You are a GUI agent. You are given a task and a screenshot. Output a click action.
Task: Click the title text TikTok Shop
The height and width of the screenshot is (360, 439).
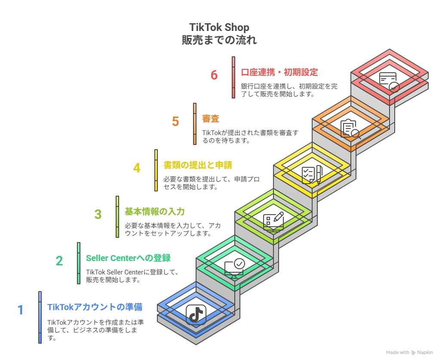pos(219,28)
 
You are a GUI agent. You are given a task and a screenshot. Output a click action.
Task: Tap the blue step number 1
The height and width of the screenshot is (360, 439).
pos(21,310)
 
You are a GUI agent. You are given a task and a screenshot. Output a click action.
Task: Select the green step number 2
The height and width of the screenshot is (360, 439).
pos(59,261)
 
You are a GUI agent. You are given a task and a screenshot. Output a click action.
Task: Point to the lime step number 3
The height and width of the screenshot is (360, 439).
pos(98,215)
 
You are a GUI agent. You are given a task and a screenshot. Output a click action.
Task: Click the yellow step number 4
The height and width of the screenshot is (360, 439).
pos(137,168)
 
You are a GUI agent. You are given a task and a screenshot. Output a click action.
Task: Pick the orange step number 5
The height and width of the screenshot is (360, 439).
pos(175,122)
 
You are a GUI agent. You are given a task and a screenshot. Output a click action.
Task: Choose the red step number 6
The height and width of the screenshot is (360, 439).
pos(214,75)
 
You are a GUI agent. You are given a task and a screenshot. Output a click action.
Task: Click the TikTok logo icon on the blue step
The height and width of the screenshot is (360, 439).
pos(196,314)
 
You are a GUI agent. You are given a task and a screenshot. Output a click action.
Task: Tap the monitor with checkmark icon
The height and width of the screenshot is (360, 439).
pos(235,268)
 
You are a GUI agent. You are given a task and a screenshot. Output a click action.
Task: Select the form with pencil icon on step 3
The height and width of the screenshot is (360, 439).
pos(273,222)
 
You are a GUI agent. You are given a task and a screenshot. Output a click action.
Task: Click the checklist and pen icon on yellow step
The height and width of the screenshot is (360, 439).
pos(312,175)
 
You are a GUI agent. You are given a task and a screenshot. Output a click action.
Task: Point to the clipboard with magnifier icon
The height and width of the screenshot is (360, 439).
pos(350,129)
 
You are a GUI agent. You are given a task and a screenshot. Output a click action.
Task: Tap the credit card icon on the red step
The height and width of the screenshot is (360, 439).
pos(389,82)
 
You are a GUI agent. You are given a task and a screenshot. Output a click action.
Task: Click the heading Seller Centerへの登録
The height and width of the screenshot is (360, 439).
pos(128,258)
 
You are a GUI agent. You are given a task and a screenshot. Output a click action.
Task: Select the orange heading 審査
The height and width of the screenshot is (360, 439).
pos(211,119)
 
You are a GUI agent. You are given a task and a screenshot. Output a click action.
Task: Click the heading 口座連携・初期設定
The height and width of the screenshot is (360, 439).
pos(279,72)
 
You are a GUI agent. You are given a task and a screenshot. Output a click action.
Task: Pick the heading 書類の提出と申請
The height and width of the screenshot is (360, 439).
pos(198,165)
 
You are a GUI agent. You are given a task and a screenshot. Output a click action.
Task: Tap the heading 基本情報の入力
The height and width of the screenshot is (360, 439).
pos(154,212)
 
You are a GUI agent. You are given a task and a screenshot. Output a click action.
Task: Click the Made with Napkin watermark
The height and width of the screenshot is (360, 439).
pos(410,352)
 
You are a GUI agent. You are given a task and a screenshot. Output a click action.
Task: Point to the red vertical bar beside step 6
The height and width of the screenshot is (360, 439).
pos(233,77)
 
